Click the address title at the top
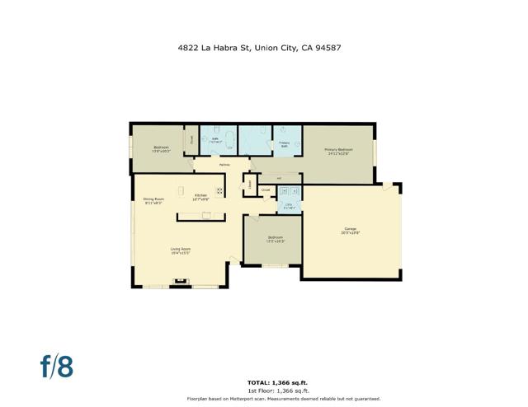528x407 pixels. pos(259,48)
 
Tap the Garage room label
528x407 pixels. pos(350,231)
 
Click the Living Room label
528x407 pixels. pos(181,251)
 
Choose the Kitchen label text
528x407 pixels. pos(201,197)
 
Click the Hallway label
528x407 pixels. pos(224,165)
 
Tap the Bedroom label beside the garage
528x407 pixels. pos(275,240)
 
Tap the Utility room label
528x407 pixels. pos(289,207)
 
